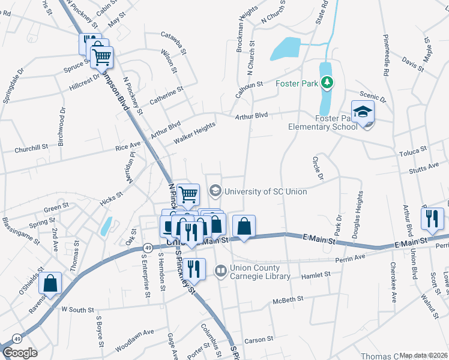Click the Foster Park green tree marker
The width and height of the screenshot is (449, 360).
pos(327,83)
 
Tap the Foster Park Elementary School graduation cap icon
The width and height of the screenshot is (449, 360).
pos(363,112)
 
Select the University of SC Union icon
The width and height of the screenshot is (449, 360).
pos(215,191)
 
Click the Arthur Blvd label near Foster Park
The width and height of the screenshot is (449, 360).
pos(252,115)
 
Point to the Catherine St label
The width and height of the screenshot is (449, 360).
pos(166,97)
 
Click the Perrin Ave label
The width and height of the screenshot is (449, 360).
pos(352,257)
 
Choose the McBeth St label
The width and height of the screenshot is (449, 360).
pos(285,301)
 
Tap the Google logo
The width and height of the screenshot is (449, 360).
pos(20,353)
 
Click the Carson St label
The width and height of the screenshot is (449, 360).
pos(259,340)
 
